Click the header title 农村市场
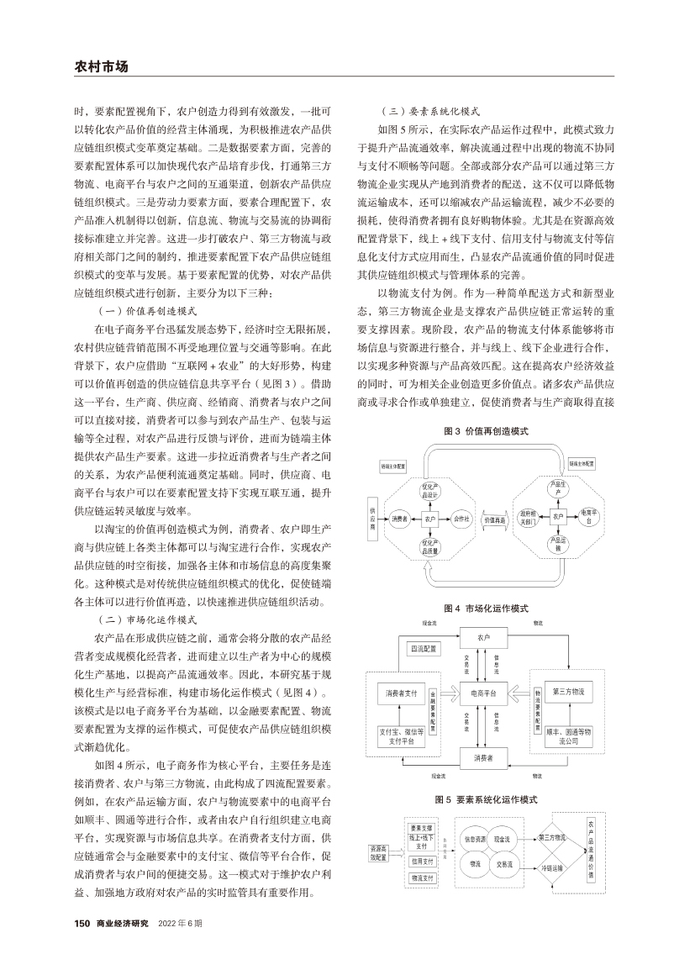pyautogui.click(x=102, y=66)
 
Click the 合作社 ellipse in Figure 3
pyautogui.click(x=460, y=519)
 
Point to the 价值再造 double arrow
pyautogui.click(x=498, y=519)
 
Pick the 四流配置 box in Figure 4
pyautogui.click(x=424, y=649)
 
